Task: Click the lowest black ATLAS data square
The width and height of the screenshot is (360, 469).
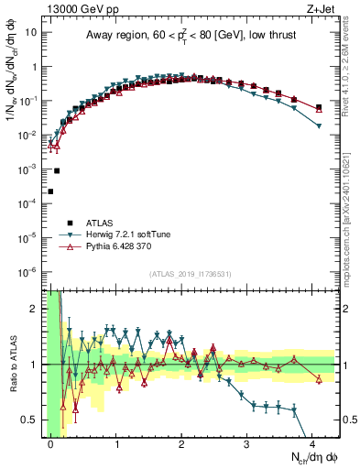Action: pos(50,191)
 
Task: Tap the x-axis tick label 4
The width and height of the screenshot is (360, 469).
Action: pos(315,442)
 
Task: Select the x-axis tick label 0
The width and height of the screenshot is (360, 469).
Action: pos(51,442)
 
